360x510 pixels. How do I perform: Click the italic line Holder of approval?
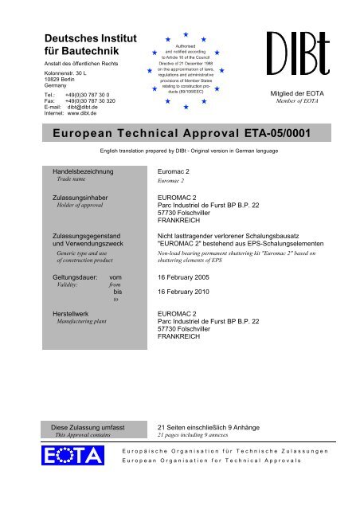tap(77, 205)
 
